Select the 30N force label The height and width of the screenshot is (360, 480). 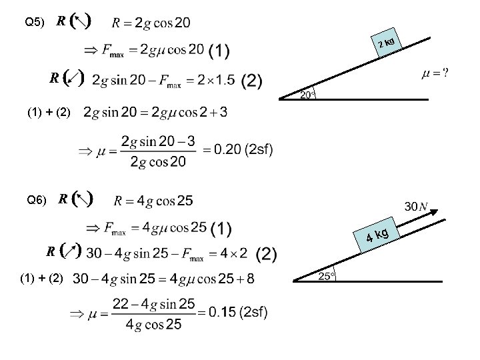416,206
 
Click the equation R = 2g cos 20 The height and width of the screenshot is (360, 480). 152,23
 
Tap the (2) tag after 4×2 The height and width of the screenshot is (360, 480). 265,253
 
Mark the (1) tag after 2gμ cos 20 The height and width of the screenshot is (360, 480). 219,51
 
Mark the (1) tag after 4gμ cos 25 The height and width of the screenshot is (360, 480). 220,229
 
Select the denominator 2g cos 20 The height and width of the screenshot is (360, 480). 155,161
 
